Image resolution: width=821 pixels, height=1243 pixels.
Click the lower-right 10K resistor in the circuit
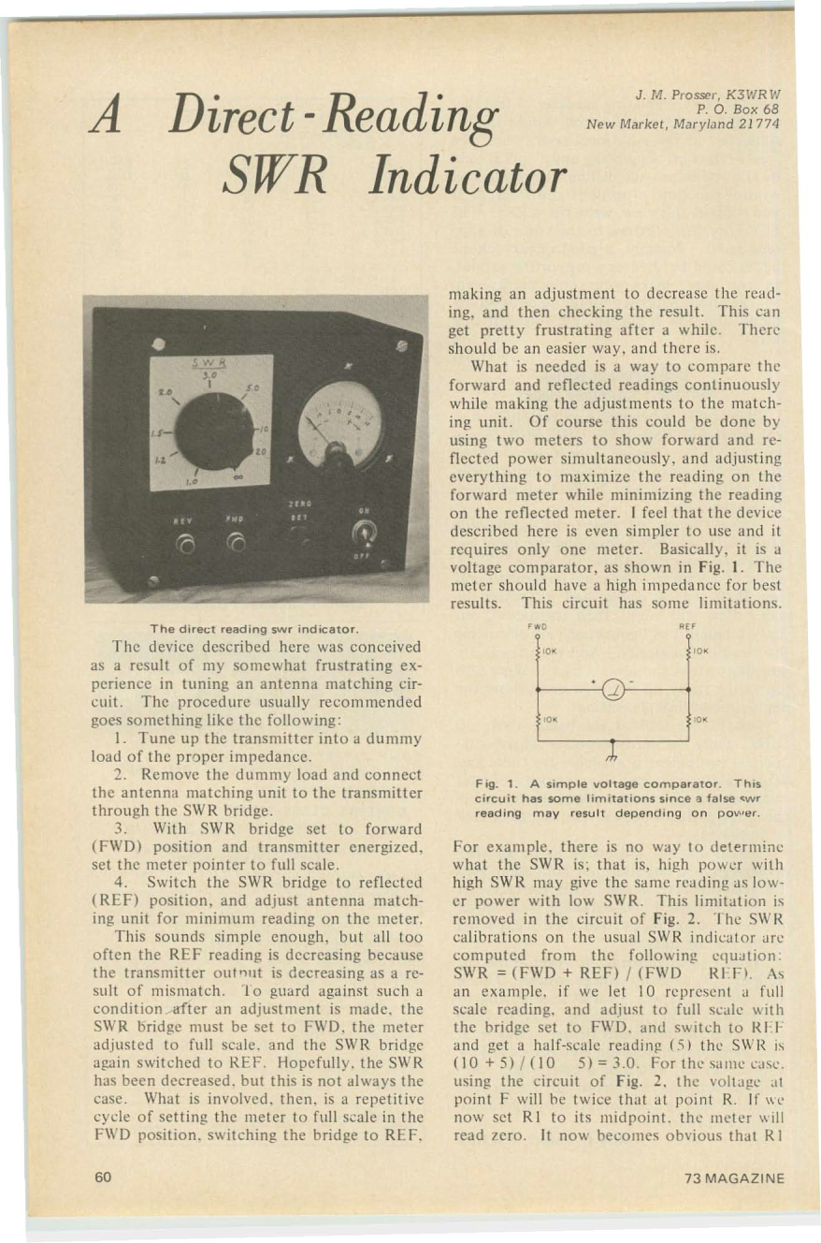tap(689, 719)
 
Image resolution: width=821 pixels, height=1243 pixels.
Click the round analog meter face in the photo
tap(338, 425)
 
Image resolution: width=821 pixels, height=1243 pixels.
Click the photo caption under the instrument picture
tap(256, 626)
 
